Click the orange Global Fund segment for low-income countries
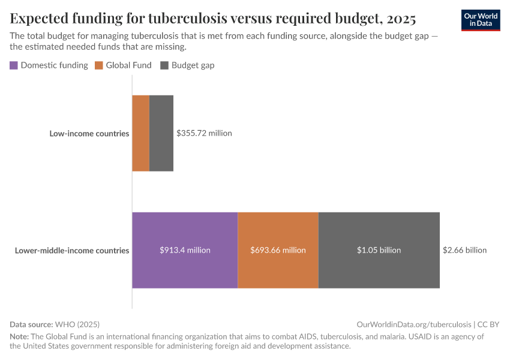tap(140, 133)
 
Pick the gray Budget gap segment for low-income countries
tap(161, 133)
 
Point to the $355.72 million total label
tap(204, 133)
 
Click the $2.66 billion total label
tap(464, 250)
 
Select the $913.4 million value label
tap(185, 250)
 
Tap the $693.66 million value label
tap(278, 250)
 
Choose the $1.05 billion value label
tap(379, 250)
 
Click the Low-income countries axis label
tap(89, 133)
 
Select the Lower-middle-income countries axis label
tap(72, 250)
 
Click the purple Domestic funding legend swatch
tap(14, 65)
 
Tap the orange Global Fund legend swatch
tap(99, 65)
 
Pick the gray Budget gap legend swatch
tap(164, 65)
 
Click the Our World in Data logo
tap(481, 20)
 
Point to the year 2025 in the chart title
tap(396, 19)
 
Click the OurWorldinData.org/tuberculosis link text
tap(413, 324)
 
